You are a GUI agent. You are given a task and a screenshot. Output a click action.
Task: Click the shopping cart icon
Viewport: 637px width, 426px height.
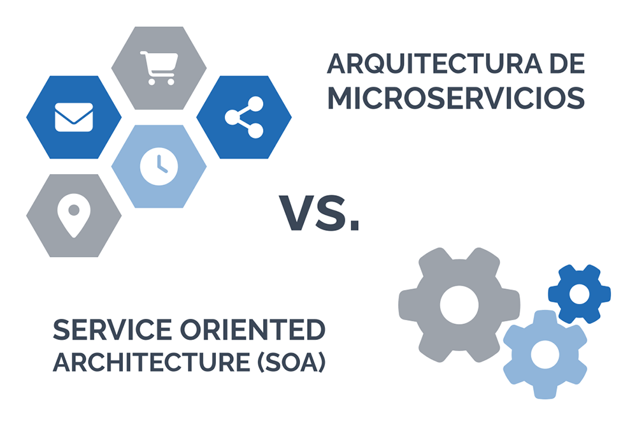(x=157, y=67)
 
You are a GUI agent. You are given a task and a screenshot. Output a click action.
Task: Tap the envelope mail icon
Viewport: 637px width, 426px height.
(x=74, y=117)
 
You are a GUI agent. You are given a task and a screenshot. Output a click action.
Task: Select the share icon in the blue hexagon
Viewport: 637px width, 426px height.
(x=244, y=117)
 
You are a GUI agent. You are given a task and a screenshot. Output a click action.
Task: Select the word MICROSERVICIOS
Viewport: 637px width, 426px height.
(x=455, y=98)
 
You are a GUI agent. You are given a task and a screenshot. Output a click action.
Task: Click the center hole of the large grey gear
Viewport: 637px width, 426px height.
(x=459, y=304)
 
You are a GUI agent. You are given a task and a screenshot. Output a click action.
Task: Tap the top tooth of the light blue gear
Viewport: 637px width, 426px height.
(x=543, y=316)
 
